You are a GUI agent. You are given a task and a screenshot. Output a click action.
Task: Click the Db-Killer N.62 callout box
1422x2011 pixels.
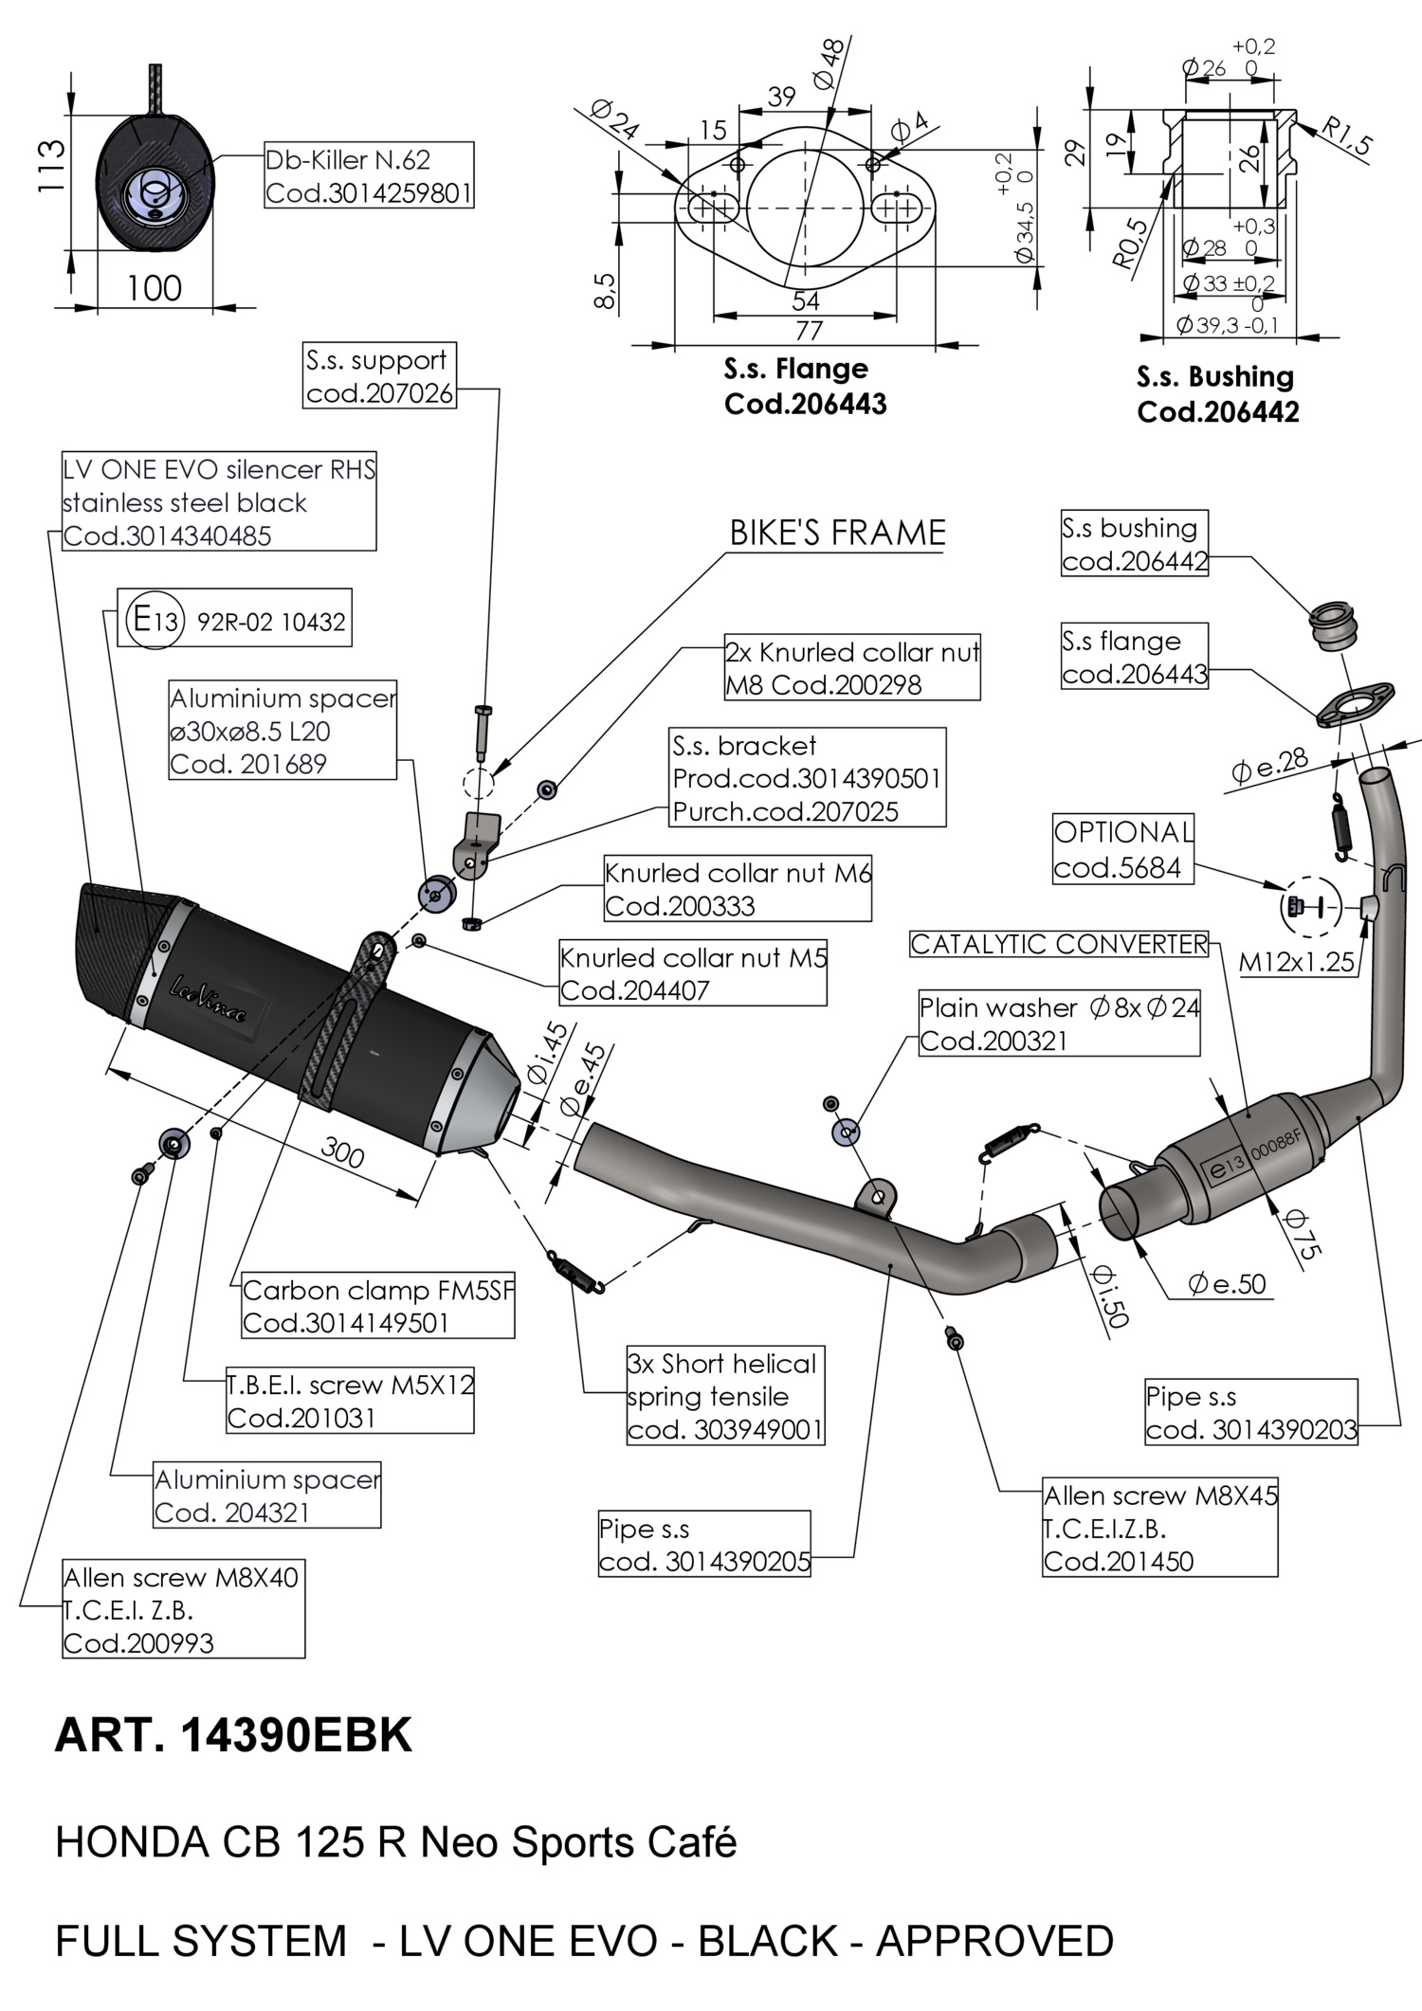pos(368,175)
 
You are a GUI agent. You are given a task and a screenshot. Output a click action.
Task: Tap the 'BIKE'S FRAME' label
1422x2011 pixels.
pos(837,533)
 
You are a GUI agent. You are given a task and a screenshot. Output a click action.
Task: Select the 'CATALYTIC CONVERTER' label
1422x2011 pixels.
pos(1059,944)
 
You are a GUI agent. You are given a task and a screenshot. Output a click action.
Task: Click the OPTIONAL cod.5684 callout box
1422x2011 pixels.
pos(1122,849)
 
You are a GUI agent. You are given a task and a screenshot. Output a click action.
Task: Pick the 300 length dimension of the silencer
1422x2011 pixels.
pos(342,1152)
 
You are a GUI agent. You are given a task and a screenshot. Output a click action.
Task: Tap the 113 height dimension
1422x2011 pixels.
pos(51,166)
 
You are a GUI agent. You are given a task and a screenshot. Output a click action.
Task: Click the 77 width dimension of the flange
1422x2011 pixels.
pos(808,331)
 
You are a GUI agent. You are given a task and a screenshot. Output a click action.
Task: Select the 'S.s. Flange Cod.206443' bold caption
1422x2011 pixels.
pos(805,386)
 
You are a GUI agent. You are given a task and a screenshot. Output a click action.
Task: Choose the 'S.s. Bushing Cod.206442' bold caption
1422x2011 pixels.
pos(1217,393)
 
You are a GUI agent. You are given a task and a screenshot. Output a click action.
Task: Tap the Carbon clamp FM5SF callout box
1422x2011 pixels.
pos(377,1306)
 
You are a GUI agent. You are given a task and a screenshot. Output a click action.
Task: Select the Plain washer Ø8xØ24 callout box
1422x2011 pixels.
pos(1059,1024)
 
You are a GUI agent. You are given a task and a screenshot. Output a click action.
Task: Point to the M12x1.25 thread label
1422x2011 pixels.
pos(1297,962)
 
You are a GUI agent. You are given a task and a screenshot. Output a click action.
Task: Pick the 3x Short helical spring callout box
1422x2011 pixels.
pos(725,1396)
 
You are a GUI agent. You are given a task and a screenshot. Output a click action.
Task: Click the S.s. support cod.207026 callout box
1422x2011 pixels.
pos(380,375)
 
